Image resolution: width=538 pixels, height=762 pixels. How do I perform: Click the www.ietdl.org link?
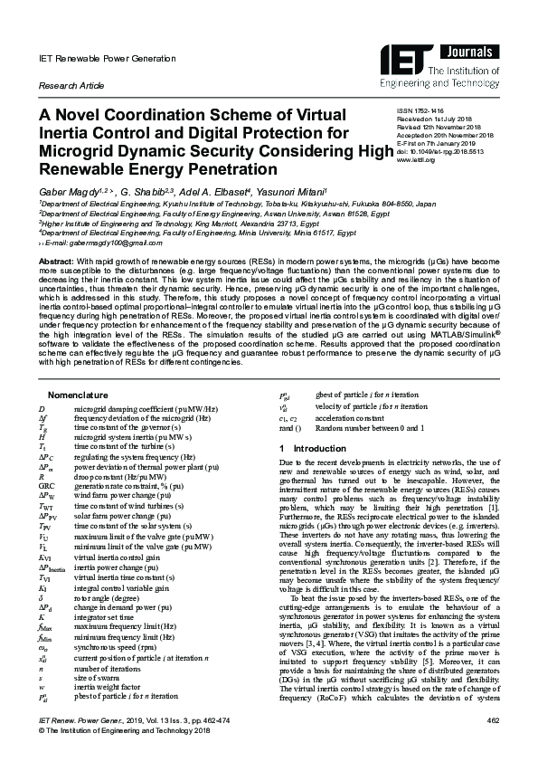417,159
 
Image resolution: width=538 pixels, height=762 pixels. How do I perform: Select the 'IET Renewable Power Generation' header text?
98,58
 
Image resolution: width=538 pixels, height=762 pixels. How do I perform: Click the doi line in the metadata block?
446,151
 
